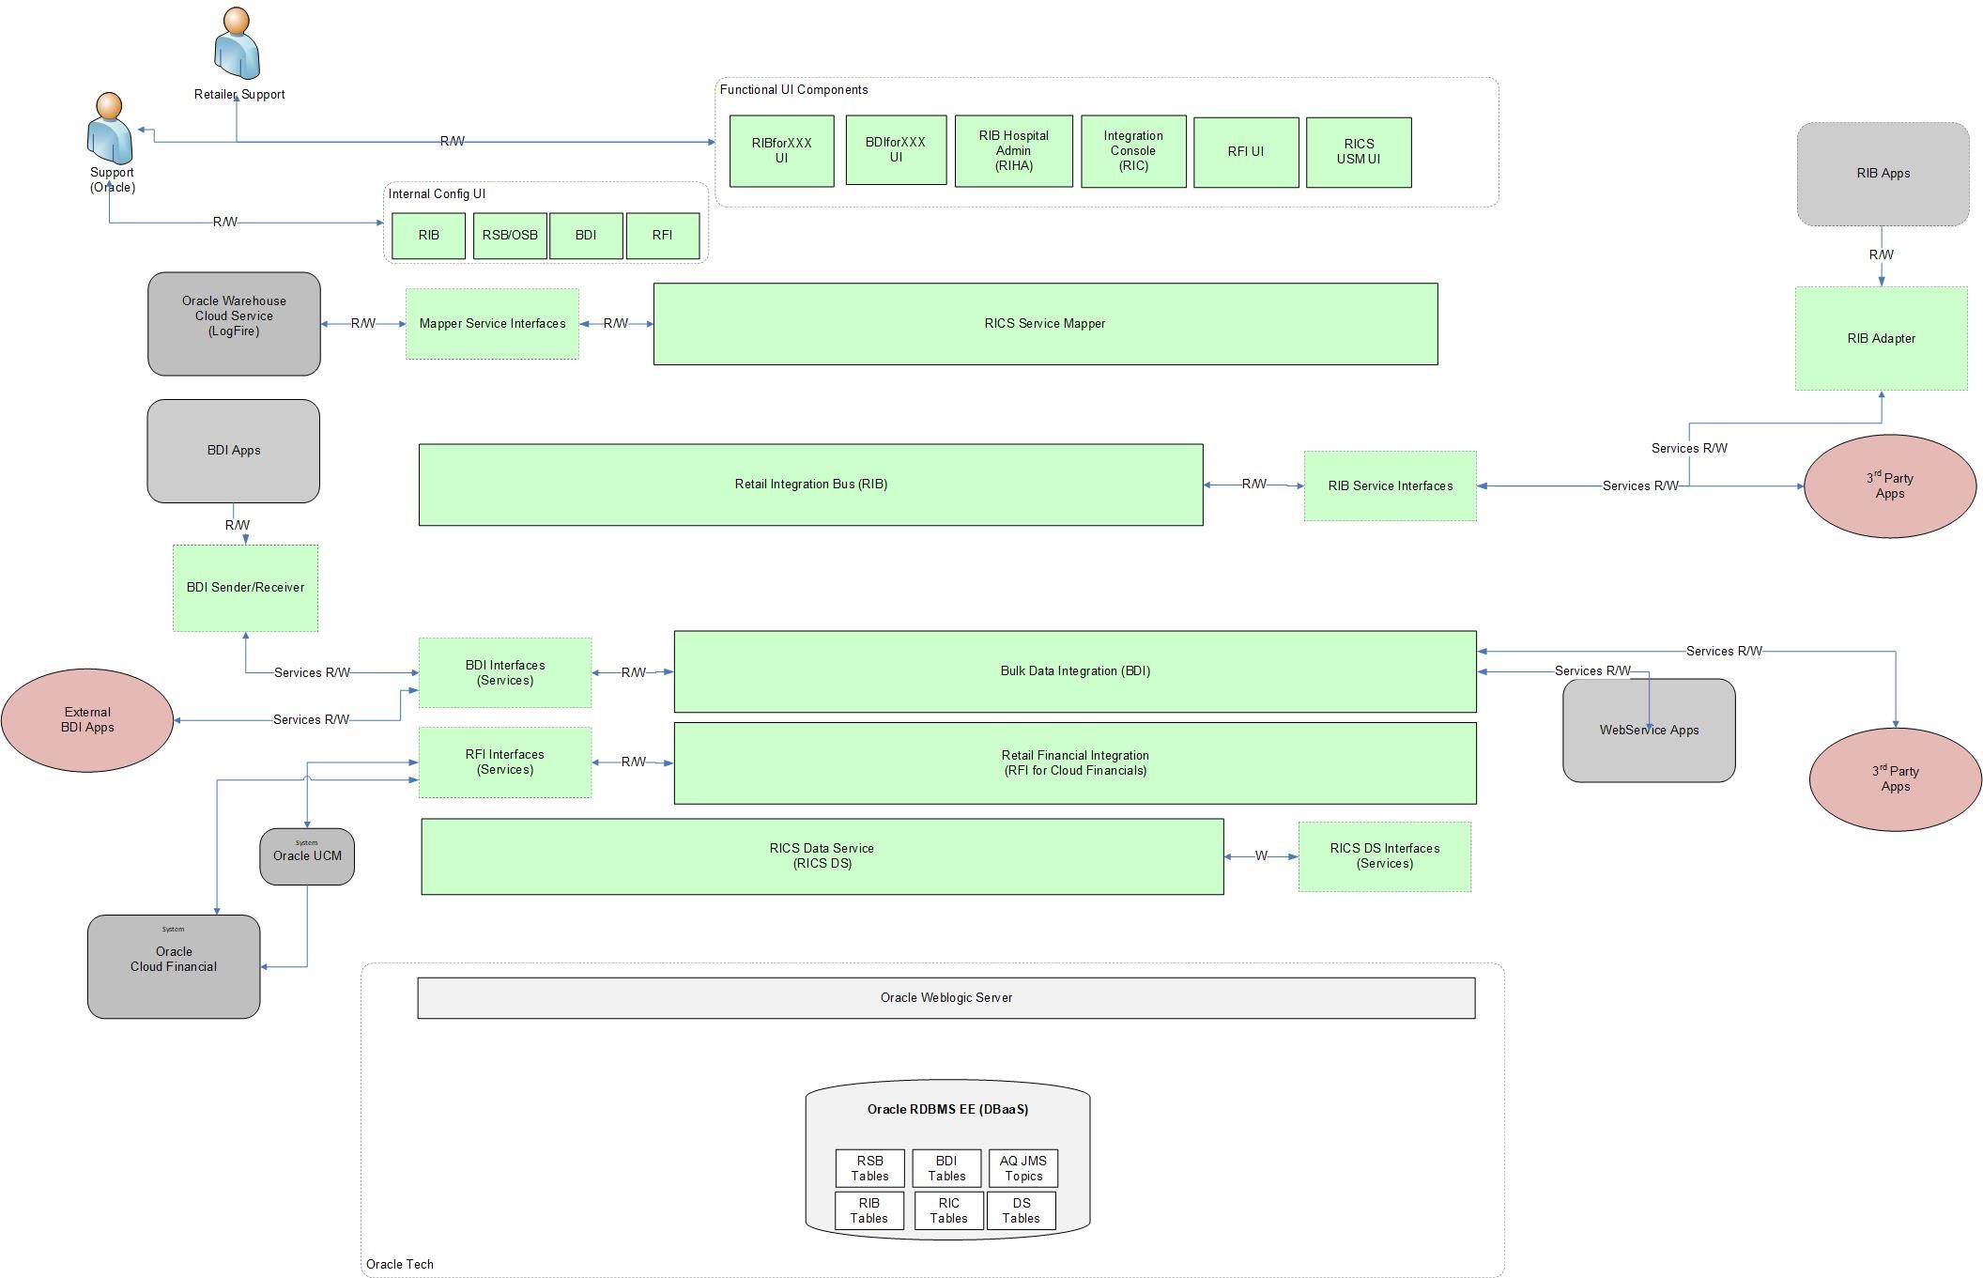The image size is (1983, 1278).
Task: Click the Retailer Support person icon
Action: (237, 44)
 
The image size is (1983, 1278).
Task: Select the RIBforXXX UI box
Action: (781, 151)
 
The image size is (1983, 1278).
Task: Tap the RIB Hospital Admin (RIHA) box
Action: (1013, 151)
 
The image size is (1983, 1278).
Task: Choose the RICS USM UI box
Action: (1358, 152)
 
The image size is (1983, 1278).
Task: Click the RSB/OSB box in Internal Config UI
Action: (510, 236)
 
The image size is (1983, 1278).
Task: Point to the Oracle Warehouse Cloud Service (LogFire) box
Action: (234, 324)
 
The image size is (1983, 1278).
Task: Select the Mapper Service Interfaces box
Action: (492, 324)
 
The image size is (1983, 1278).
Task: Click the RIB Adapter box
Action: (1881, 339)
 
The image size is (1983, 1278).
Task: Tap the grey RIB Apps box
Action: (1883, 174)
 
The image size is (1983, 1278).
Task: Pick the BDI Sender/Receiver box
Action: (245, 588)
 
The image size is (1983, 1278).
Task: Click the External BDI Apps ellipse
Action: (87, 720)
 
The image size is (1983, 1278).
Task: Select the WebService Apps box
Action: (1649, 731)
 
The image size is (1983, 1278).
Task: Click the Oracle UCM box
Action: (307, 856)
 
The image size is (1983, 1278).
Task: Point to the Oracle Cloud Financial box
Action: (174, 966)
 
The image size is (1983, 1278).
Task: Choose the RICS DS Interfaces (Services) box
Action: (1384, 856)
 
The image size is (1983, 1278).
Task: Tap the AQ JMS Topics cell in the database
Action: (1022, 1168)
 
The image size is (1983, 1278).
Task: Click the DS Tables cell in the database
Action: (1021, 1210)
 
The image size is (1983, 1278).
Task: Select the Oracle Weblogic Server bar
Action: (945, 998)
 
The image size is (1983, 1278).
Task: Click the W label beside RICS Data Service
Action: (1261, 856)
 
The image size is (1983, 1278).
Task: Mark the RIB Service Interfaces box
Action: (1390, 486)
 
